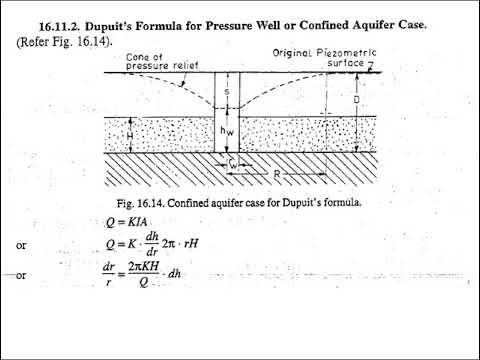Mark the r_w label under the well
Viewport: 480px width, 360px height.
[x=233, y=166]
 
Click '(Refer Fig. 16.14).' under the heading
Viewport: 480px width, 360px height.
[x=63, y=41]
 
